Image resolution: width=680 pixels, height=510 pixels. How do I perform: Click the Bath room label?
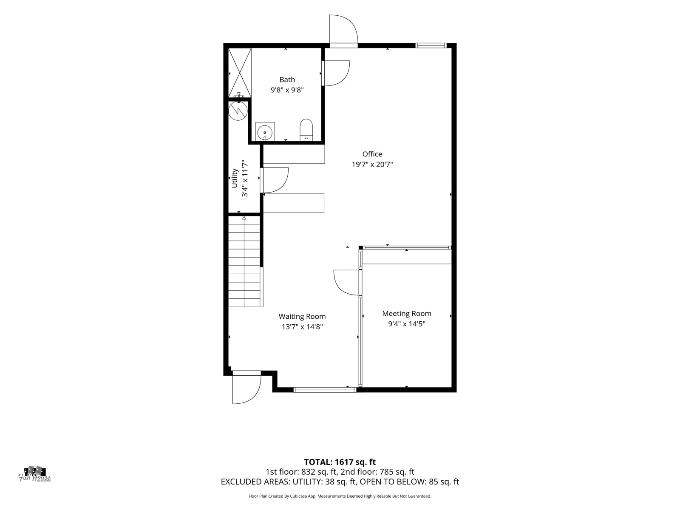287,79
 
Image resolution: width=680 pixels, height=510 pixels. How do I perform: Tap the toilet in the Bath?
306,130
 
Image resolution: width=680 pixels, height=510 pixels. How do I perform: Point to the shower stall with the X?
240,73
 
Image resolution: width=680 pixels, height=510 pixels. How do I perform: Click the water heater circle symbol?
238,110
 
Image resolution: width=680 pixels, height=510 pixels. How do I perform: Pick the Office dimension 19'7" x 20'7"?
372,164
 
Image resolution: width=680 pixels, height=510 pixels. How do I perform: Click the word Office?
372,154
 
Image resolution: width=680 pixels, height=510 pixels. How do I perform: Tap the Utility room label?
235,178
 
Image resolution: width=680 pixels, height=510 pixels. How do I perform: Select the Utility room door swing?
275,180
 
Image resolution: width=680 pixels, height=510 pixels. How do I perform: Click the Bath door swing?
336,73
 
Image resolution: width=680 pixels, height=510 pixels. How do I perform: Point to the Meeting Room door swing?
347,282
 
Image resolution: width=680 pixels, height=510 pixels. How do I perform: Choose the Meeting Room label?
406,313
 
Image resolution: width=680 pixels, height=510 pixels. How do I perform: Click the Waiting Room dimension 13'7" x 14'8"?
302,327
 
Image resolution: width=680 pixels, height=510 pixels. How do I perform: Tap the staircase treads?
244,262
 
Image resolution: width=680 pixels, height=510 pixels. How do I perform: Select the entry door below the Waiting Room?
246,387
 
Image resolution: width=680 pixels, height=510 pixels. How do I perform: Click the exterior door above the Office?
343,31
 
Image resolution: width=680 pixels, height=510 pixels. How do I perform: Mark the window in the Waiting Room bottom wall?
325,390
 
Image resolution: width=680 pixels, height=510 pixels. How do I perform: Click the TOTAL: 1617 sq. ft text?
340,462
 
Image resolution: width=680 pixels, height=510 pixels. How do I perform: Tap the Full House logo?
35,474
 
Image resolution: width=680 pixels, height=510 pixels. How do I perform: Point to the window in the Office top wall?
431,45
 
